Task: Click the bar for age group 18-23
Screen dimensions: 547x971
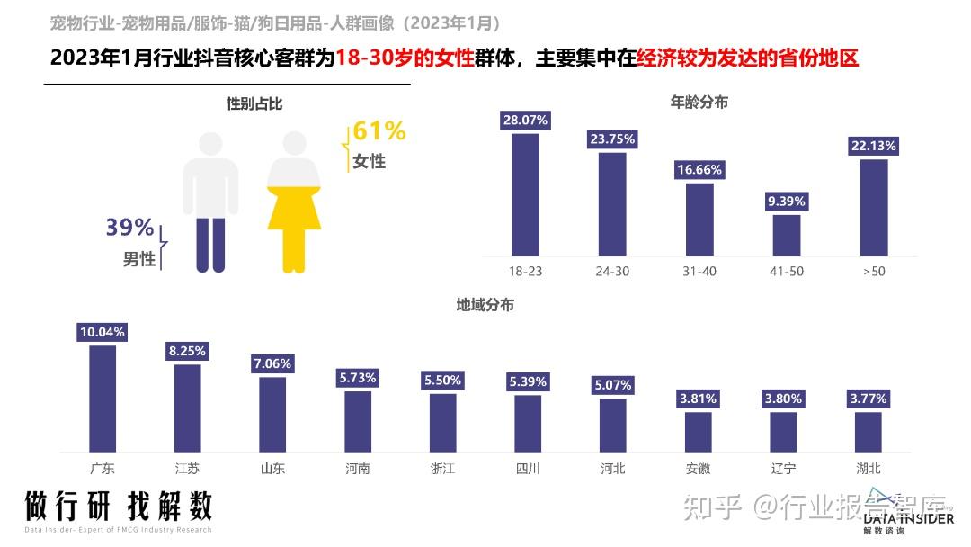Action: click(525, 194)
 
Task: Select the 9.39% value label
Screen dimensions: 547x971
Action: click(787, 202)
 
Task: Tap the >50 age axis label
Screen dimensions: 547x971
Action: click(874, 271)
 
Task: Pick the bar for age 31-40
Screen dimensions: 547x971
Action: click(699, 220)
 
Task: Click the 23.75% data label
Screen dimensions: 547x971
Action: click(612, 139)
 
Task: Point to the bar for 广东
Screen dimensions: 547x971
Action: click(102, 398)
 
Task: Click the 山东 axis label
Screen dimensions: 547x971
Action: click(272, 469)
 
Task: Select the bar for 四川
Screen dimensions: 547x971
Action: click(528, 423)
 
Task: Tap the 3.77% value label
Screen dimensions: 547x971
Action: click(868, 399)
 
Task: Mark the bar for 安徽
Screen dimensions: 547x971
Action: click(699, 431)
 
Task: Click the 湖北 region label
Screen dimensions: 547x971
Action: click(868, 469)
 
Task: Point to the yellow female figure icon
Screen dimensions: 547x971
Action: click(294, 202)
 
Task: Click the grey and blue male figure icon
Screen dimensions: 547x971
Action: click(210, 202)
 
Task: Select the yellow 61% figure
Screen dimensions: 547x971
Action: click(379, 131)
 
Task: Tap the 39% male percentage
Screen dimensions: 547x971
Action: click(129, 229)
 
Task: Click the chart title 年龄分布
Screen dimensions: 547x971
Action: click(699, 103)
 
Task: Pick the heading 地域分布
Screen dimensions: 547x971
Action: click(485, 305)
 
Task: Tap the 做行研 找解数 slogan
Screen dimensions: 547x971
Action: click(118, 506)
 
